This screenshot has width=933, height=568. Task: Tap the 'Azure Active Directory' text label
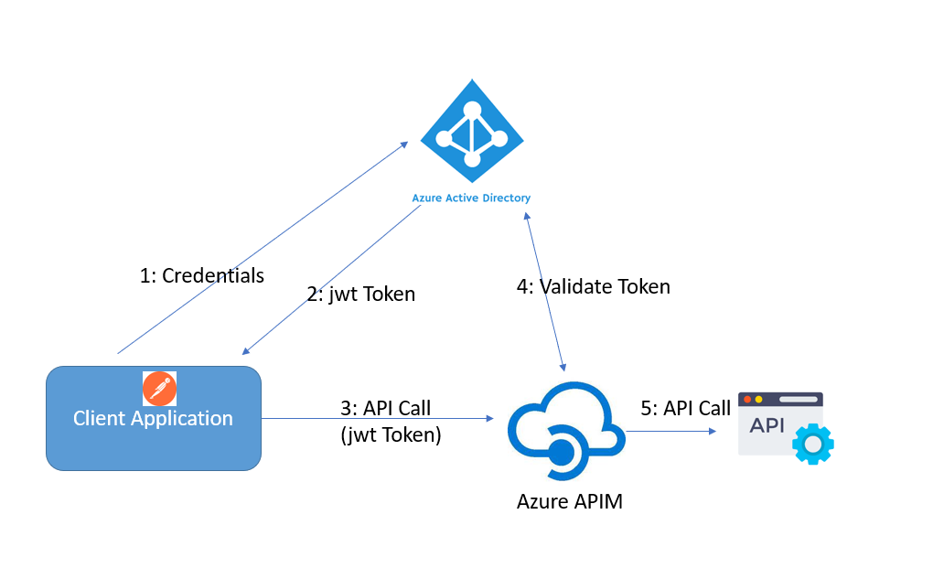(x=471, y=198)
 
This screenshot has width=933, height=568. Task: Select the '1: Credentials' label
(x=201, y=275)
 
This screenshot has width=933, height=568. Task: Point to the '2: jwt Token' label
(x=360, y=295)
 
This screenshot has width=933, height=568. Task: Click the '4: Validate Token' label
(x=593, y=286)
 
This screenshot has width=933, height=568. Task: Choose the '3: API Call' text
(x=385, y=407)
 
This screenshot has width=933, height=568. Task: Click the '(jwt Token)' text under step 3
(x=391, y=435)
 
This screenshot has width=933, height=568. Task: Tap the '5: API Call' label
(x=685, y=408)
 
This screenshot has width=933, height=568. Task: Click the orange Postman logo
(x=160, y=389)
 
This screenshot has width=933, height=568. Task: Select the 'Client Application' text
(x=153, y=419)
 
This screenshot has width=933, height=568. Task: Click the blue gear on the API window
(x=812, y=445)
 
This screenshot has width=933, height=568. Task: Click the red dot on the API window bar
(x=746, y=400)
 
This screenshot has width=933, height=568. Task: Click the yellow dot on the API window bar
(x=758, y=400)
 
